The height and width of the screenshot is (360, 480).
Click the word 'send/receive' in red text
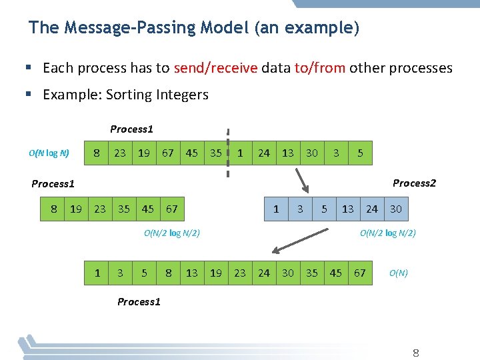pyautogui.click(x=215, y=68)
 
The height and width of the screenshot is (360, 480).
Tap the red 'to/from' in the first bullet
pyautogui.click(x=319, y=68)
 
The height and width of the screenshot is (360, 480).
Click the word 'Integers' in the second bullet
pyautogui.click(x=183, y=95)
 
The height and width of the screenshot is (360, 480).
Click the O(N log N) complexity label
pyautogui.click(x=49, y=153)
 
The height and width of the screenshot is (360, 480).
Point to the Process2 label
pyautogui.click(x=414, y=183)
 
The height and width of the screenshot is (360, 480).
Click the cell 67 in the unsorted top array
pyautogui.click(x=168, y=153)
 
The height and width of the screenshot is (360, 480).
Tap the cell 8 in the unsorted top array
pyautogui.click(x=97, y=153)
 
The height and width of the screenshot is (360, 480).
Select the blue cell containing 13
pyautogui.click(x=348, y=209)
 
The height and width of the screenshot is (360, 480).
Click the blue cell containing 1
pyautogui.click(x=276, y=209)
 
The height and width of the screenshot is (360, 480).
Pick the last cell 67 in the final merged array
pyautogui.click(x=360, y=273)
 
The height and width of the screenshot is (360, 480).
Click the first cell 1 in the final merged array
pyautogui.click(x=97, y=273)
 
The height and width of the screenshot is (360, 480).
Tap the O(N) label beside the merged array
pyautogui.click(x=398, y=273)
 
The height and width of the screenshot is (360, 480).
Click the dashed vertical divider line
pyautogui.click(x=228, y=153)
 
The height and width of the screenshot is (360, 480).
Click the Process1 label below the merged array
pyautogui.click(x=139, y=302)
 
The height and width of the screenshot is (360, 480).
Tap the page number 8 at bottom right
pyautogui.click(x=416, y=352)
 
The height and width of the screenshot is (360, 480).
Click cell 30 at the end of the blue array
pyautogui.click(x=396, y=209)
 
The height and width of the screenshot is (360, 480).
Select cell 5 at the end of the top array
pyautogui.click(x=360, y=153)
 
